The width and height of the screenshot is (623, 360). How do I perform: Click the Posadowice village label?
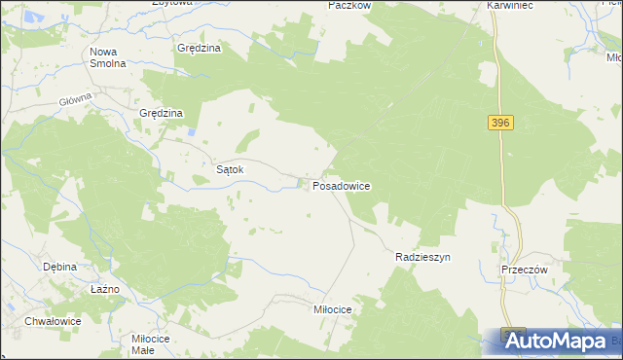pyautogui.click(x=341, y=184)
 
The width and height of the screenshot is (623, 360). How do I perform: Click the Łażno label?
pyautogui.click(x=104, y=289)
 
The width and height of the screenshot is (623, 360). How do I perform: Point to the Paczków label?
pyautogui.click(x=350, y=5)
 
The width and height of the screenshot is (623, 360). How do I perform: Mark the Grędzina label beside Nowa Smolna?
pyautogui.click(x=200, y=47)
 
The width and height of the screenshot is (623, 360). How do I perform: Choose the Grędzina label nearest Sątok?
pyautogui.click(x=162, y=113)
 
